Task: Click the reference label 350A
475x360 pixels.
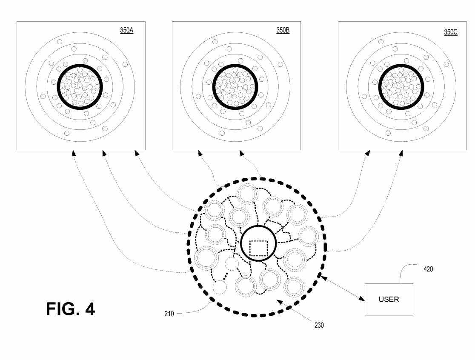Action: click(127, 30)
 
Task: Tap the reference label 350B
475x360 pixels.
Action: click(283, 30)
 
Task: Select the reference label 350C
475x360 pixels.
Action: click(450, 32)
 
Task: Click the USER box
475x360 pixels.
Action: click(389, 300)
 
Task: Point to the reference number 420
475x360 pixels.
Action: click(428, 269)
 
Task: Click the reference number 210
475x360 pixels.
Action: click(169, 314)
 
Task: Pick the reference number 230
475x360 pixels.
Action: click(319, 325)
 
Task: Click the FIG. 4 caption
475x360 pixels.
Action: click(71, 309)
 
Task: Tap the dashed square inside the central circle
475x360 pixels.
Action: click(258, 248)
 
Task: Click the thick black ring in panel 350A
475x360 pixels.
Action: click(80, 65)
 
